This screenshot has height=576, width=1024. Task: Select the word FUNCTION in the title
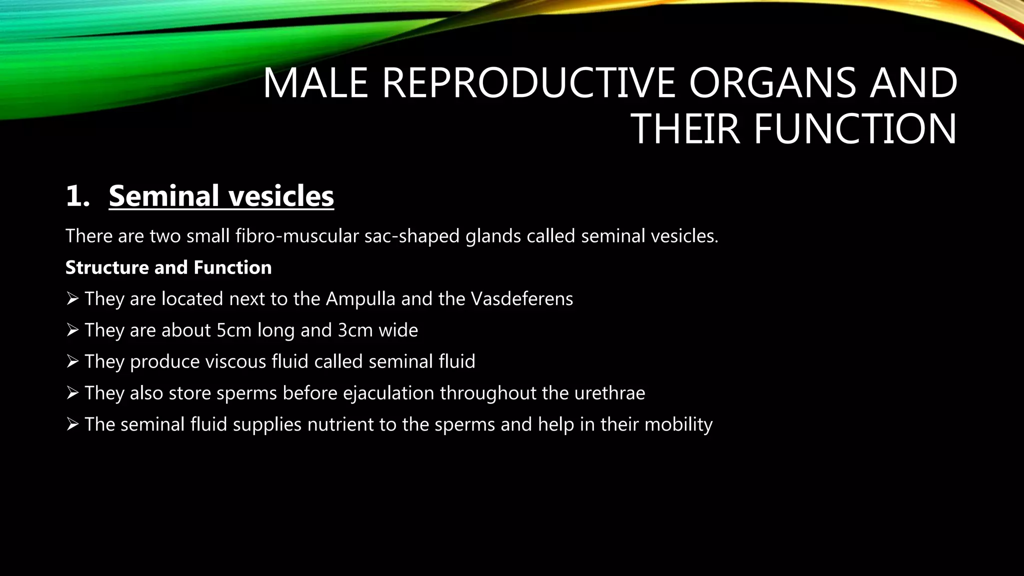click(855, 129)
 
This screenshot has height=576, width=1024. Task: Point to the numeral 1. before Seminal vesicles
click(77, 196)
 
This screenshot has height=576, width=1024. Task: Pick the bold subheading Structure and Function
click(168, 267)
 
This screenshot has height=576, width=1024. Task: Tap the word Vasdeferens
click(522, 299)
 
